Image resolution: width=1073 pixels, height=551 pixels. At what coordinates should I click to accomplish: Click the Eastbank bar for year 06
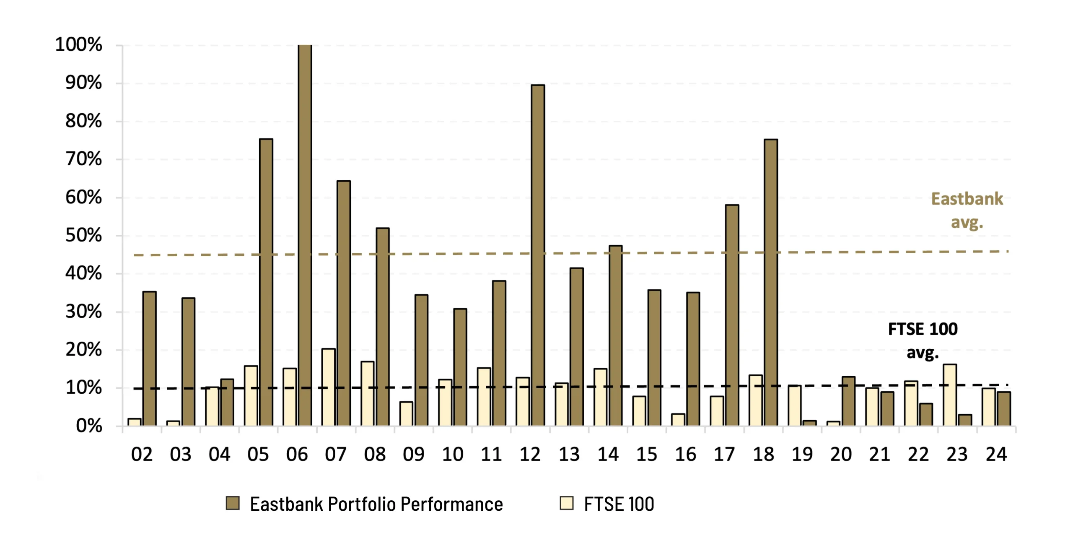pyautogui.click(x=305, y=235)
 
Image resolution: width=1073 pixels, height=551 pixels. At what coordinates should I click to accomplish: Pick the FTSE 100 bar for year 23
pyautogui.click(x=950, y=395)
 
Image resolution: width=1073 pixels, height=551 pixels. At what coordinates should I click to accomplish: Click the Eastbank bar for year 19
pyautogui.click(x=809, y=423)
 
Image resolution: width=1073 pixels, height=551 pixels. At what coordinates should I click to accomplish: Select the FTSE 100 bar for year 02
pyautogui.click(x=135, y=422)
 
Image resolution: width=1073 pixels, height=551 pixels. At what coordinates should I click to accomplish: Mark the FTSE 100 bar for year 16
pyautogui.click(x=678, y=420)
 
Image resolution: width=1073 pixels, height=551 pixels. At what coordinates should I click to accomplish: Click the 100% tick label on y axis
pyautogui.click(x=79, y=44)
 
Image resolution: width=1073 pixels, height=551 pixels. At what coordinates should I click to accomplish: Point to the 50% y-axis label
pyautogui.click(x=83, y=236)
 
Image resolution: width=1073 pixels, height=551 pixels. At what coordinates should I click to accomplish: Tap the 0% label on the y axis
pyautogui.click(x=89, y=426)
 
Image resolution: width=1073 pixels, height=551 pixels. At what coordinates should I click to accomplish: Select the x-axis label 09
pyautogui.click(x=413, y=455)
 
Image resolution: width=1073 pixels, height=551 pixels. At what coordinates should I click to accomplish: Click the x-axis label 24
pyautogui.click(x=996, y=455)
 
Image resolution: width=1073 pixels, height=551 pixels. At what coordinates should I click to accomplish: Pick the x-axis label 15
pyautogui.click(x=646, y=455)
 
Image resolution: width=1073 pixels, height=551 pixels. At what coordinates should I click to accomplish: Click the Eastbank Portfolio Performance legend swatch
pyautogui.click(x=233, y=503)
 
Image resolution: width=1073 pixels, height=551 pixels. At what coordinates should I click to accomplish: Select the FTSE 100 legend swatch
pyautogui.click(x=567, y=503)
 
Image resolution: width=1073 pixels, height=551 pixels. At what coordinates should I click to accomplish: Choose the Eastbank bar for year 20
pyautogui.click(x=848, y=401)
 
